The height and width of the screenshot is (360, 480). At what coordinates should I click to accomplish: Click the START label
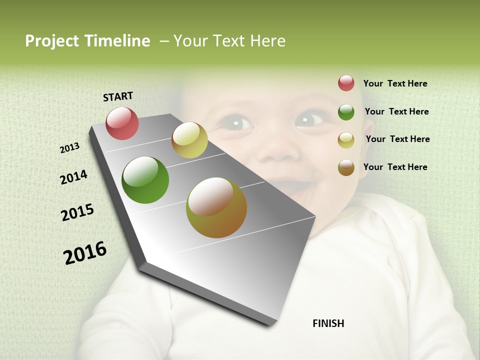(x=118, y=96)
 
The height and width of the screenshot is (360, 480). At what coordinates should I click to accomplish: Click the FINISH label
(x=328, y=323)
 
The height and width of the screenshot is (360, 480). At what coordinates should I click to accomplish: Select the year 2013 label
(x=70, y=148)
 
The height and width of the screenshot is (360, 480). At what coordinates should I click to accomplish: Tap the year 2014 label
(x=73, y=177)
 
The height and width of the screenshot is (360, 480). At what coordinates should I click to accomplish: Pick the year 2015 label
(x=77, y=212)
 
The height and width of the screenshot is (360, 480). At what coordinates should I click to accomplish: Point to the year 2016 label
(x=85, y=252)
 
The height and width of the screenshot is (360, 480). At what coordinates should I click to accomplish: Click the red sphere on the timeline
(x=122, y=123)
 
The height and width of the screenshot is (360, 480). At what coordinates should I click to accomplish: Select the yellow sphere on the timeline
(x=189, y=140)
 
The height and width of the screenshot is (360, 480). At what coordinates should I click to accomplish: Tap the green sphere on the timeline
(x=145, y=180)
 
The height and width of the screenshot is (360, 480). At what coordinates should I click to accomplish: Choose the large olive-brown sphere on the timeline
(x=216, y=207)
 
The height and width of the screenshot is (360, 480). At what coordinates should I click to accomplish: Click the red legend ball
(x=346, y=83)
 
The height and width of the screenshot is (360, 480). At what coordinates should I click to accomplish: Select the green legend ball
(x=346, y=112)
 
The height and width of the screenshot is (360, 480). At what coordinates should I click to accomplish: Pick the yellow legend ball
(x=346, y=140)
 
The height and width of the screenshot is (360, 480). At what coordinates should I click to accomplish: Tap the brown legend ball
(x=346, y=167)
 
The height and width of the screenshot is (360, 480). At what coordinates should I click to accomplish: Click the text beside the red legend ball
(x=395, y=83)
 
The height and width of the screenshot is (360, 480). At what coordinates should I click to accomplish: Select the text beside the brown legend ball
(x=395, y=167)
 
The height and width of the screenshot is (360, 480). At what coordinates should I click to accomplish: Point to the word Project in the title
(x=52, y=41)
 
